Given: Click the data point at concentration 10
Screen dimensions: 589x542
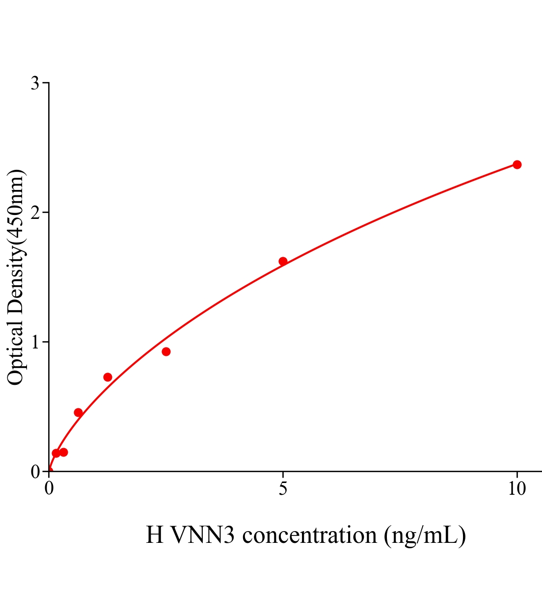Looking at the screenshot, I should point(516,164).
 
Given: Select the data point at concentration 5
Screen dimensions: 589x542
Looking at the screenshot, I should point(283,261).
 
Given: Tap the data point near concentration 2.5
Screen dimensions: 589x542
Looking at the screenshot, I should point(166,351).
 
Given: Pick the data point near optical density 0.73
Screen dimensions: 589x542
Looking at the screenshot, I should point(108,377).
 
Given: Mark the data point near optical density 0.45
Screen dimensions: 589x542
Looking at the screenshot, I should point(78,412).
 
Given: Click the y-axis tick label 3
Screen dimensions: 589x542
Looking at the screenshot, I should point(35,83).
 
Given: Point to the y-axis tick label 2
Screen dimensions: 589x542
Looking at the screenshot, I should point(35,213).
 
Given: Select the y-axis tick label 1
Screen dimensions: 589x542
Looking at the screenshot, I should point(35,342).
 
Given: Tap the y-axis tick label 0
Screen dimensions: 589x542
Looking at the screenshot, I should point(35,472).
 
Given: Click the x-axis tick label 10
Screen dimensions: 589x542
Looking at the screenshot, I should point(516,489).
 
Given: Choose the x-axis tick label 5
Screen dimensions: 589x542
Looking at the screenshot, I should point(283,489).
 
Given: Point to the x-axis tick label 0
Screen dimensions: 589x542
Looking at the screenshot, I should point(49,489).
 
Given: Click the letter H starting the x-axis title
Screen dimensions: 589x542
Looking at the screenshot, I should point(155,535).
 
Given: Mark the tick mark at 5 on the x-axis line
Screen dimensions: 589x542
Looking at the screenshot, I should point(283,474).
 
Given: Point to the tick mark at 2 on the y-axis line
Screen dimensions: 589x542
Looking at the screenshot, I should point(46,213).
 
